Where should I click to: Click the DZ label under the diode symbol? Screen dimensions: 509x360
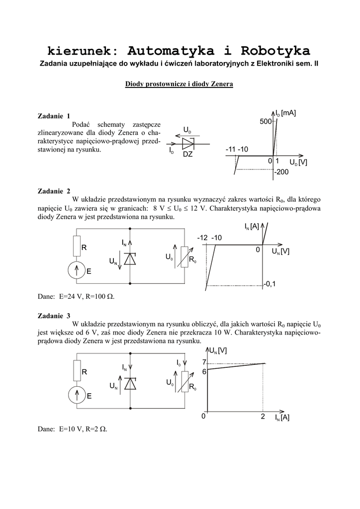click(x=187, y=155)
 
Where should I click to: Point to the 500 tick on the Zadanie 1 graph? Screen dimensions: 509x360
click(x=265, y=122)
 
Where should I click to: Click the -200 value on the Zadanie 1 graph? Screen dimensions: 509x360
click(x=281, y=171)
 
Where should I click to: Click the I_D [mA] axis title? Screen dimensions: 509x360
click(x=286, y=113)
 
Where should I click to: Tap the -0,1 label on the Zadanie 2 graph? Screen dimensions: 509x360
click(x=270, y=284)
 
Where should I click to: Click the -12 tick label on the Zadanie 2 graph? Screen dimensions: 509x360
click(x=202, y=238)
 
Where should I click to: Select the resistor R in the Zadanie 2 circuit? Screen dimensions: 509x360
click(x=76, y=247)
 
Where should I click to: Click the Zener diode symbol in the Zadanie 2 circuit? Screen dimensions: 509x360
click(x=130, y=259)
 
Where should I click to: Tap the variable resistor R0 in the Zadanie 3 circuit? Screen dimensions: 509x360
click(x=184, y=383)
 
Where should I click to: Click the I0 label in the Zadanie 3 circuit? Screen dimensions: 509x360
click(x=179, y=363)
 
